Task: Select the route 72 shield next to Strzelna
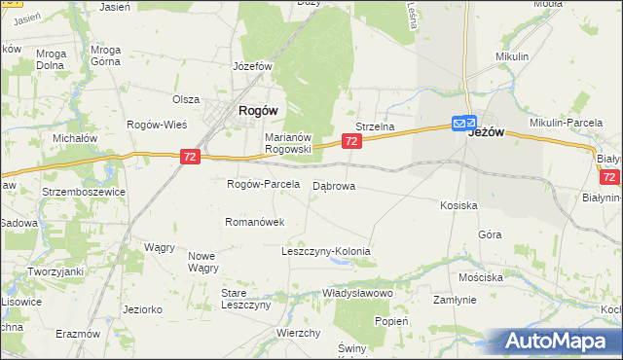click(x=352, y=142)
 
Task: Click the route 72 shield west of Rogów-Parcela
click(x=191, y=157)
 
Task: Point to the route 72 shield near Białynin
click(x=610, y=178)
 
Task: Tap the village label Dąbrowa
click(x=334, y=185)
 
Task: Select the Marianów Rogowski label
click(x=288, y=143)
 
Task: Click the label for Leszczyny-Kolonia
click(x=326, y=251)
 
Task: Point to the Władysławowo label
click(x=357, y=293)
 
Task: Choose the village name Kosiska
click(x=458, y=205)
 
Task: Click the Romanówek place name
click(x=254, y=222)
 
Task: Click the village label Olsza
click(x=186, y=99)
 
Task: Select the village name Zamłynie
click(x=455, y=301)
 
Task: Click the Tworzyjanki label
click(x=55, y=271)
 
